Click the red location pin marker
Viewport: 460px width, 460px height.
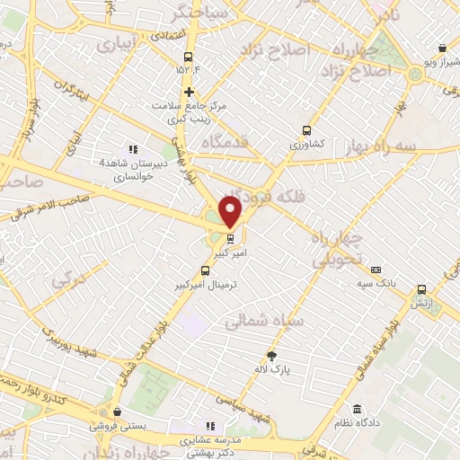pos(231,211)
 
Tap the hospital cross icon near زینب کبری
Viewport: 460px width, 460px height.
pos(189,92)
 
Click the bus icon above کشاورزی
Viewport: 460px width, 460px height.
pos(308,129)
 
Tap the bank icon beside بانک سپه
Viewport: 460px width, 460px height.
pos(376,270)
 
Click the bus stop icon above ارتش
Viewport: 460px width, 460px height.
pos(422,289)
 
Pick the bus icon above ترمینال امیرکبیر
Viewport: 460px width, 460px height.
pos(205,270)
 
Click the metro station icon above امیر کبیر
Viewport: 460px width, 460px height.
pos(231,239)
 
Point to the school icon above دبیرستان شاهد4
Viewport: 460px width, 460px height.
pos(133,149)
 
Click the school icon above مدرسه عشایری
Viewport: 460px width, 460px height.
pos(210,426)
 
